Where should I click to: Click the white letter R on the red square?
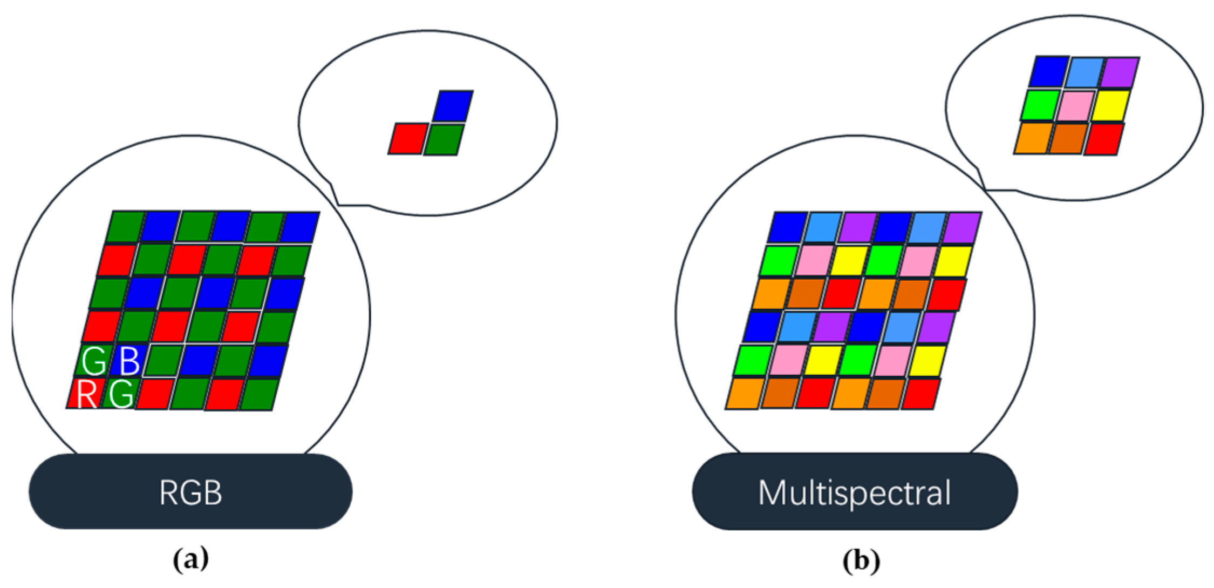coord(86,394)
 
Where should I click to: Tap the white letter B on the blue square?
coord(129,361)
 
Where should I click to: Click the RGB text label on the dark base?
coord(190,492)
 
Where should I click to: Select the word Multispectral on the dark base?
coord(854,492)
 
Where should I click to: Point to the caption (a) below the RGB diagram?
coord(190,560)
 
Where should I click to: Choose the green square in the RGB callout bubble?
coord(444,139)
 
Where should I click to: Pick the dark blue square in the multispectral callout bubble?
coord(1049,72)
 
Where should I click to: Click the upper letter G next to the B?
coord(94,361)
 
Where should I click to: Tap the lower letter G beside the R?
coord(121,394)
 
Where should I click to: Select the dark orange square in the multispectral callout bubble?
coord(1067,139)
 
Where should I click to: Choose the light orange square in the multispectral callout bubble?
coord(1033,139)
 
